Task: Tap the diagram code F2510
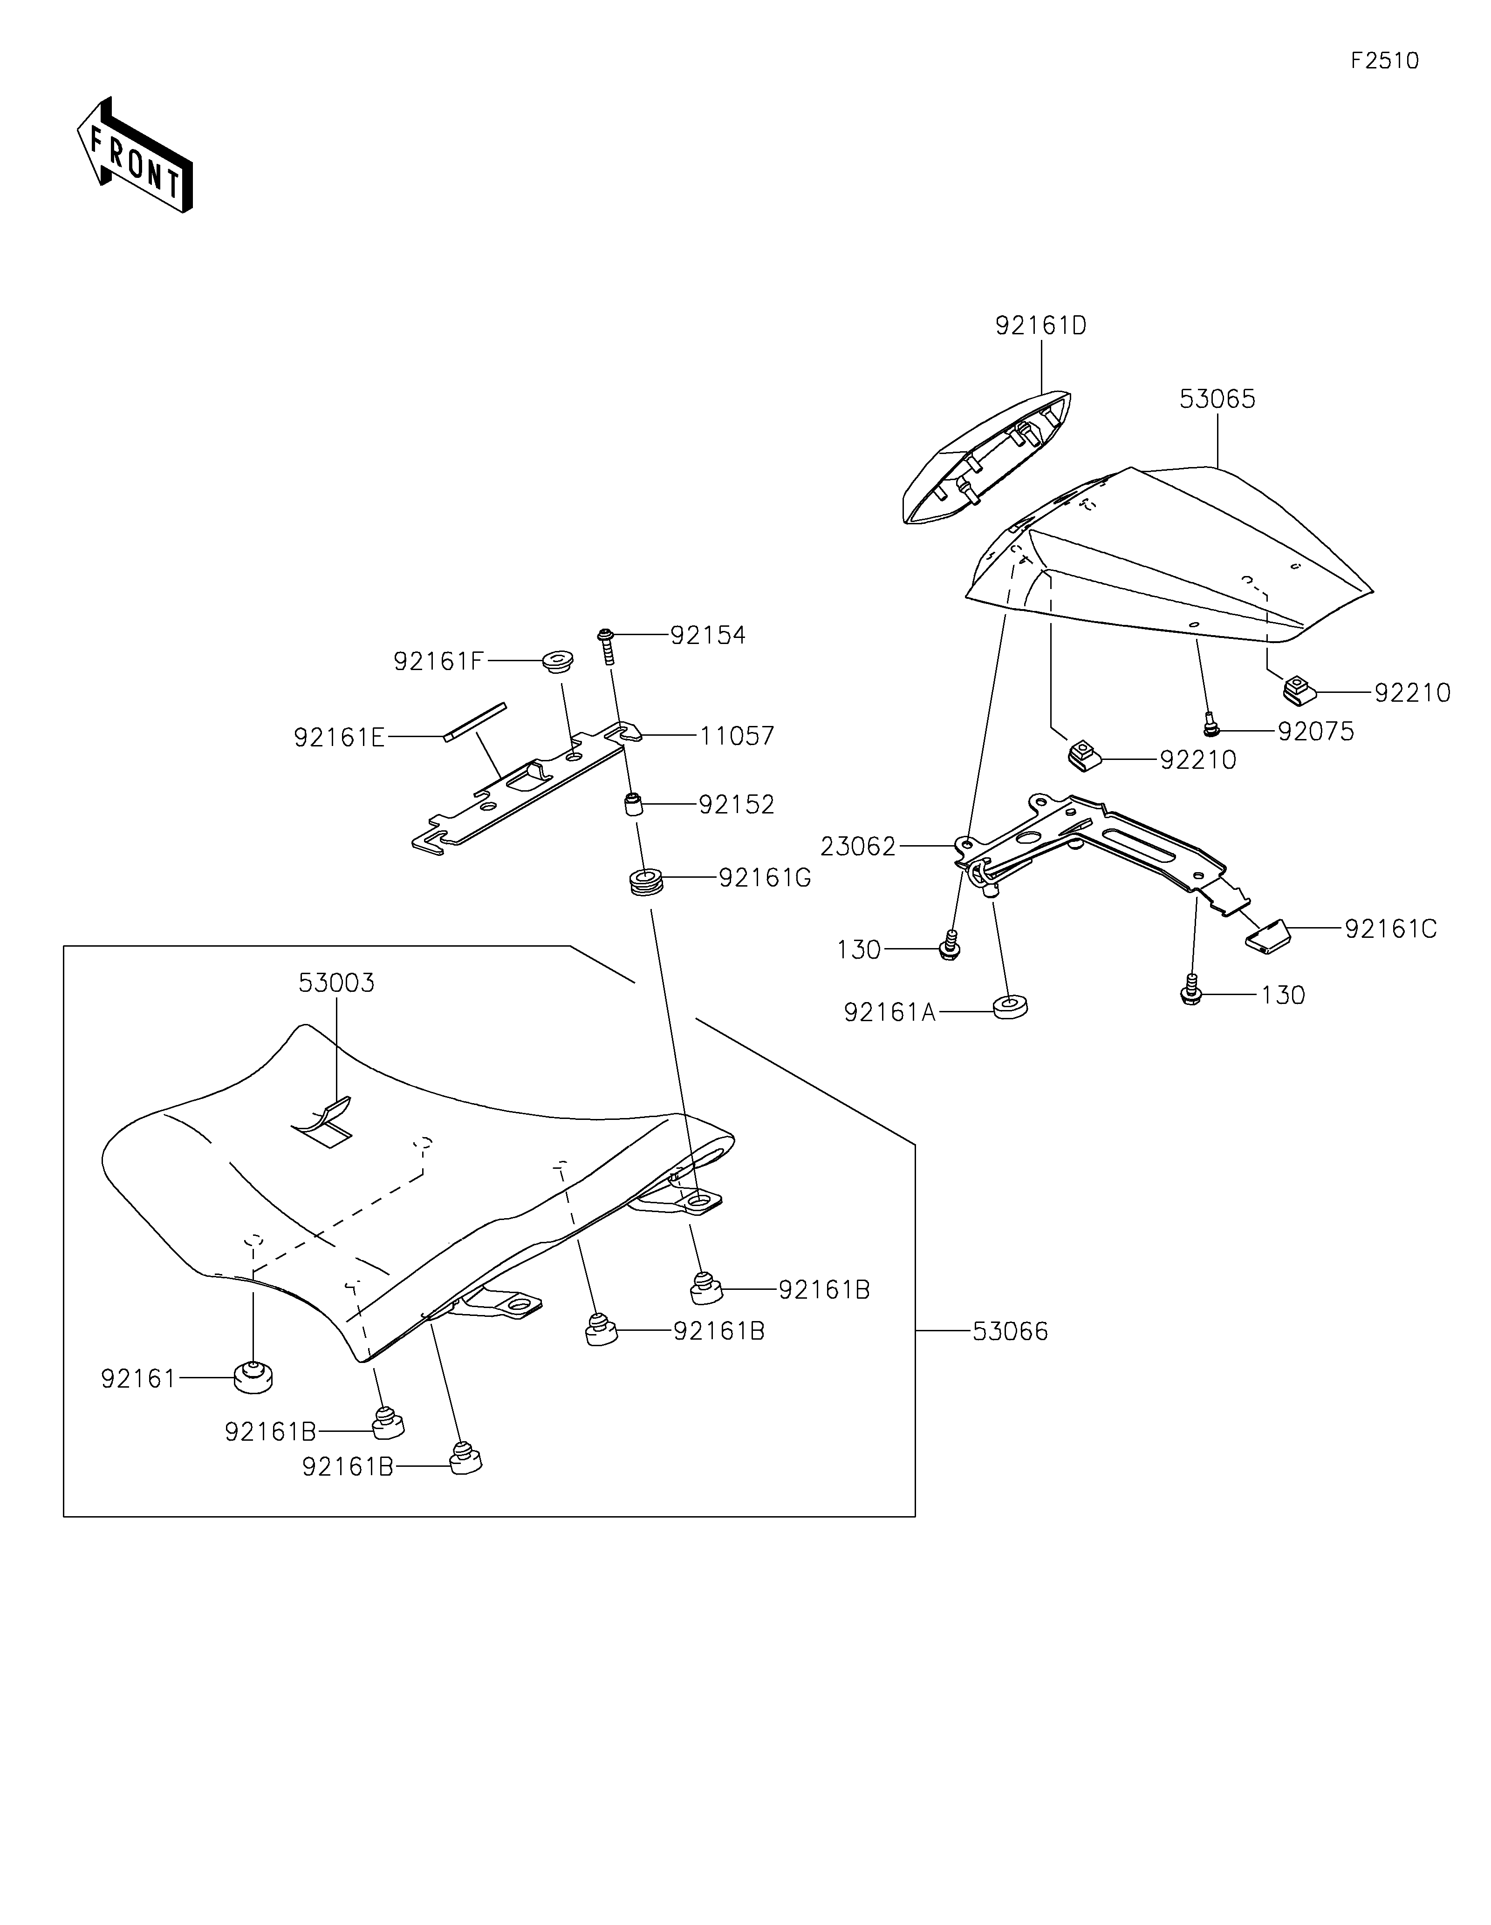pos(1384,61)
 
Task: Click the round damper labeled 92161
pos(253,1377)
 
